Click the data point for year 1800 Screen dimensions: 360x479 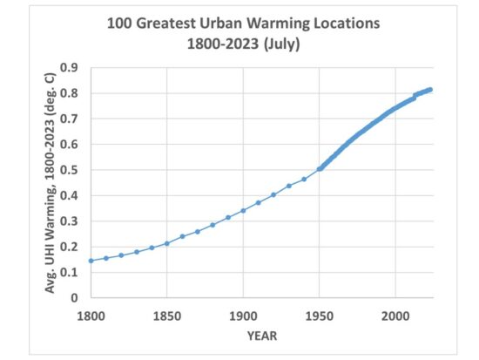[x=91, y=261]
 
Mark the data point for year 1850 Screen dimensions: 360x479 [x=166, y=243]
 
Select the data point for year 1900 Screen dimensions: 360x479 [x=243, y=210]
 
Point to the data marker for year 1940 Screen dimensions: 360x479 [x=304, y=179]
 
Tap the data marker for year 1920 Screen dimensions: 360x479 [x=273, y=194]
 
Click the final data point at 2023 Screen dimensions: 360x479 [x=430, y=89]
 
